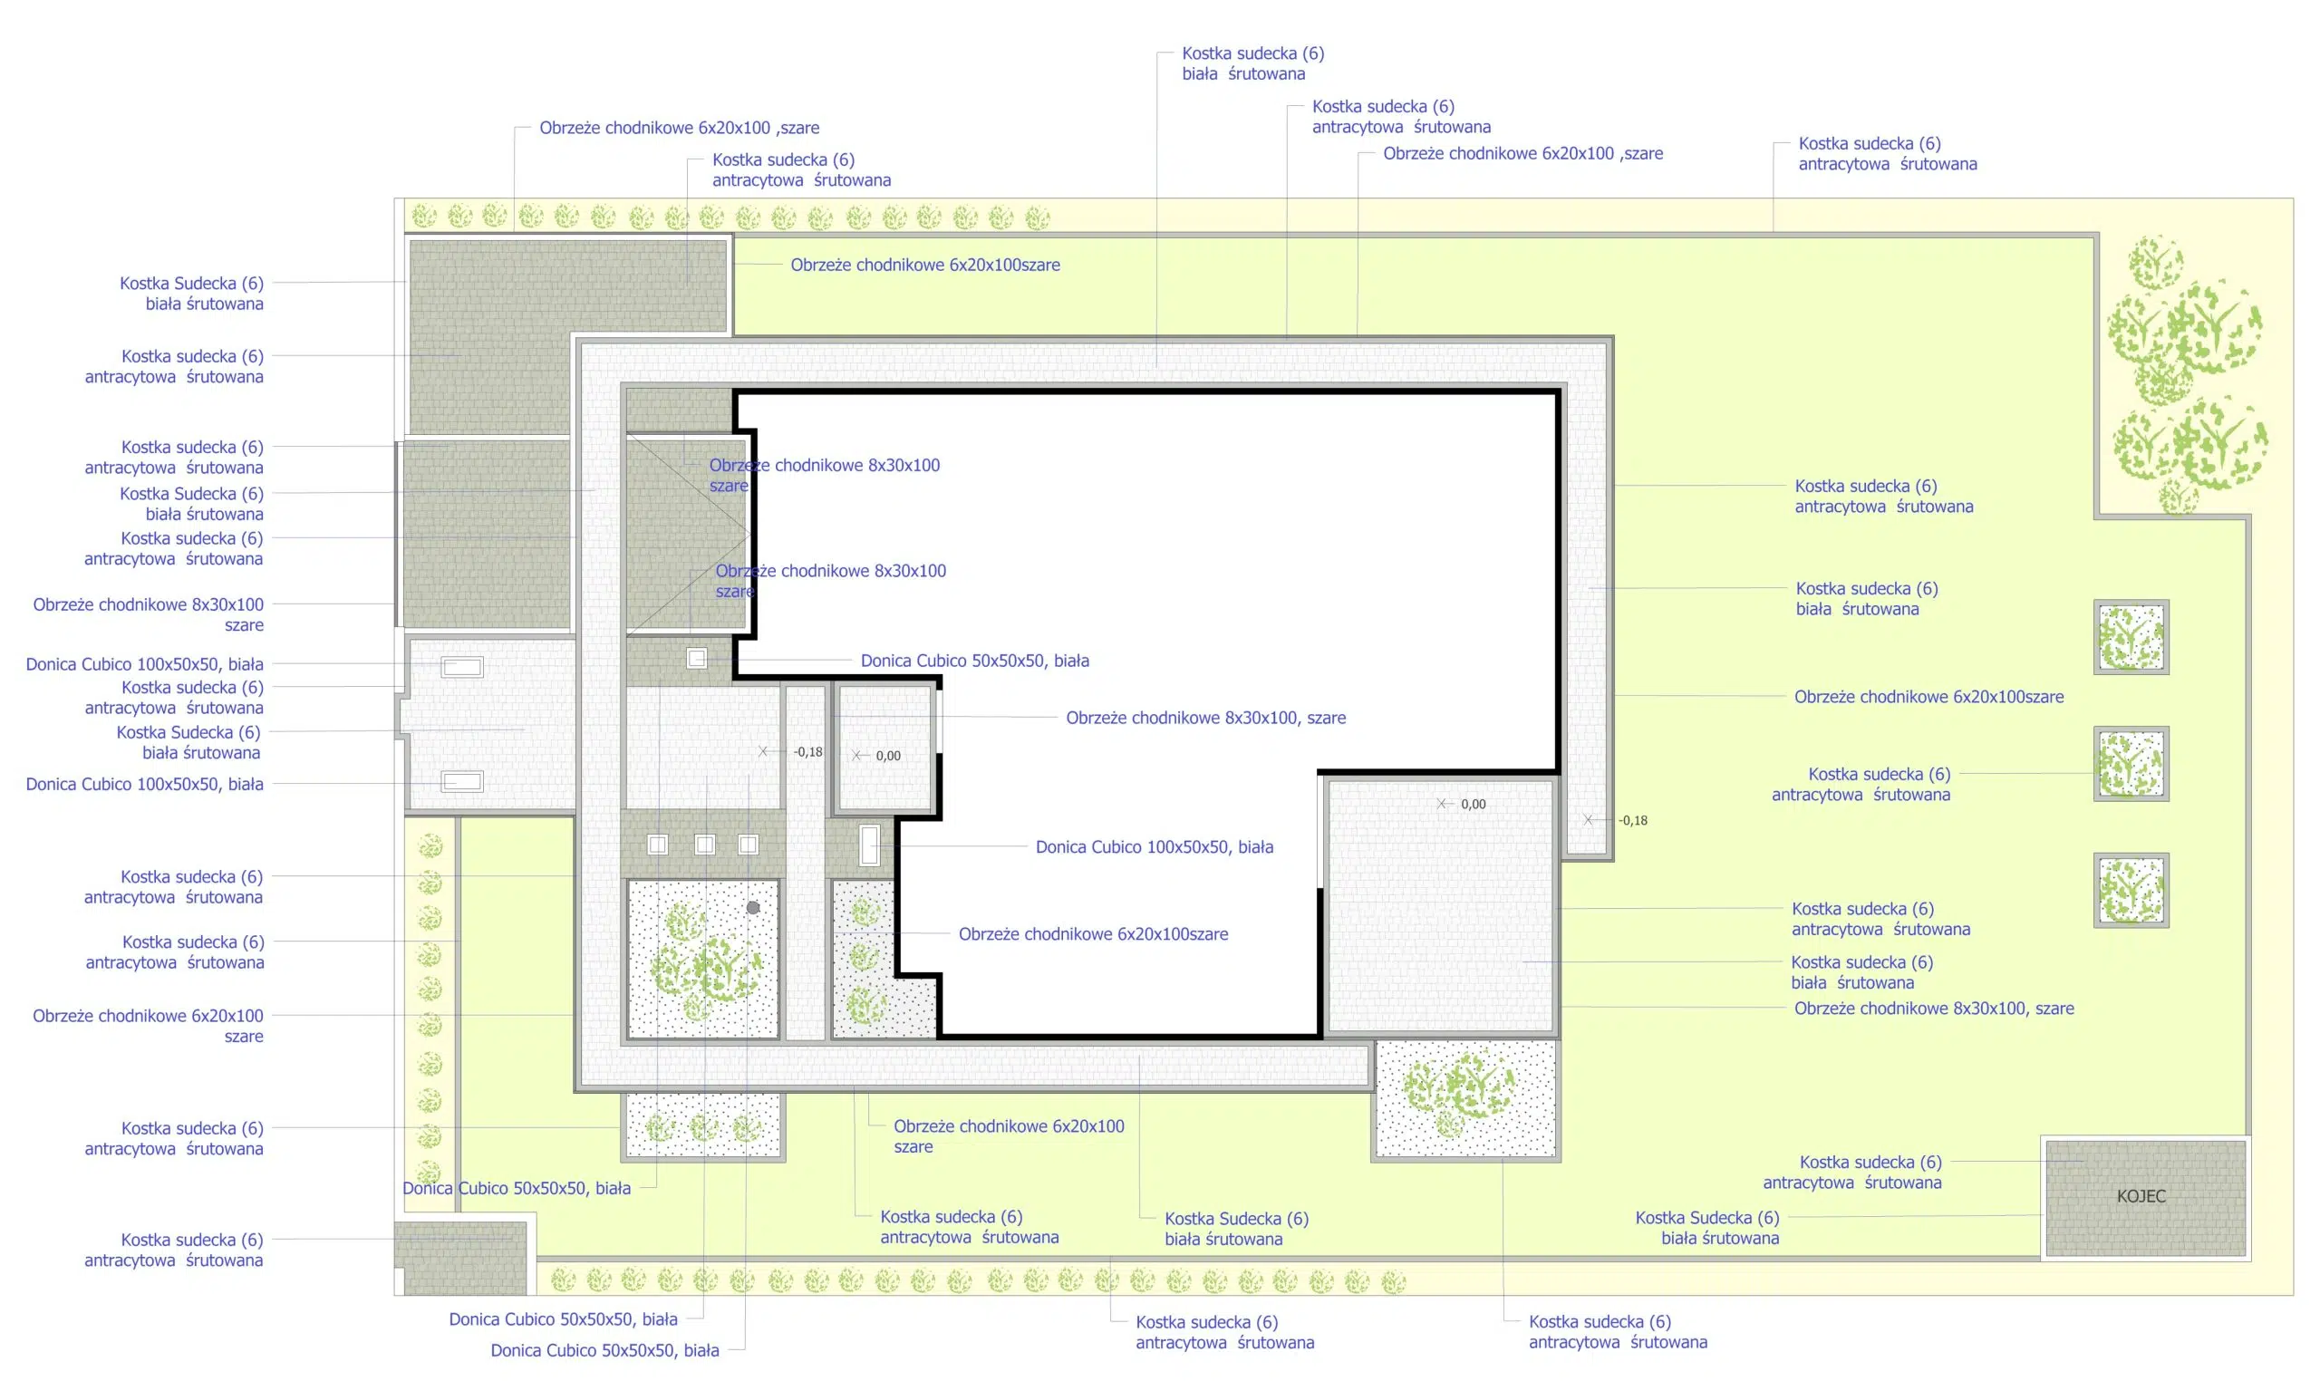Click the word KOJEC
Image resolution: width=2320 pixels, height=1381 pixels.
click(x=2141, y=1196)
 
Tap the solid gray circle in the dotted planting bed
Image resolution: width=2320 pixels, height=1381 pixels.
click(x=753, y=907)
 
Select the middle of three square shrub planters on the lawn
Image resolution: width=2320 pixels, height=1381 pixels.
click(x=2131, y=764)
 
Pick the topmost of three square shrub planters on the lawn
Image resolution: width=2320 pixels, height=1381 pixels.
click(x=2131, y=637)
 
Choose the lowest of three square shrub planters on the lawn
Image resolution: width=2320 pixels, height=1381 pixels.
click(x=2131, y=891)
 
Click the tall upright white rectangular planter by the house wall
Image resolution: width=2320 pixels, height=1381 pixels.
click(x=869, y=845)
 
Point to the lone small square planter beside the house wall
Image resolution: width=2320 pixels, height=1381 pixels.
click(x=696, y=659)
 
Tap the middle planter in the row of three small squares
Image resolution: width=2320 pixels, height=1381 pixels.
click(x=704, y=844)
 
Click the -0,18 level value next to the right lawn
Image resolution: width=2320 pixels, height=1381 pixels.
click(x=1632, y=821)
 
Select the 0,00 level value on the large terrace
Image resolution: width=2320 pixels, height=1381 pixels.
click(x=1474, y=804)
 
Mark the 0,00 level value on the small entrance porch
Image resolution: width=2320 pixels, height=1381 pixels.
click(x=888, y=756)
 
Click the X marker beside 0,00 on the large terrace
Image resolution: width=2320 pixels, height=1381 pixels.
click(x=1442, y=803)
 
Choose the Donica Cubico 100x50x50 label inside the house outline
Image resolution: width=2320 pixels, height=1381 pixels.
click(x=1154, y=847)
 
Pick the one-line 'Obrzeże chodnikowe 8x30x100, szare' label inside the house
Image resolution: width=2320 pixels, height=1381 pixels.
click(x=1206, y=718)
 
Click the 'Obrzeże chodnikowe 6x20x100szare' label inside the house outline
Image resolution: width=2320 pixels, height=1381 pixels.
click(x=1094, y=933)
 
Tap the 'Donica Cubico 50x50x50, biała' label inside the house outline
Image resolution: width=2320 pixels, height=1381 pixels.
click(x=974, y=661)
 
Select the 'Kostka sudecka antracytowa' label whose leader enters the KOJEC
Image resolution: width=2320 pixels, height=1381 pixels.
click(x=1851, y=1173)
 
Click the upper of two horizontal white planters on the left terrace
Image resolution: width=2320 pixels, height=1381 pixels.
click(x=461, y=666)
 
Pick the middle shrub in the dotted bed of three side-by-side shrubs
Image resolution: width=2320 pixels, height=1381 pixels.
click(x=703, y=1128)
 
